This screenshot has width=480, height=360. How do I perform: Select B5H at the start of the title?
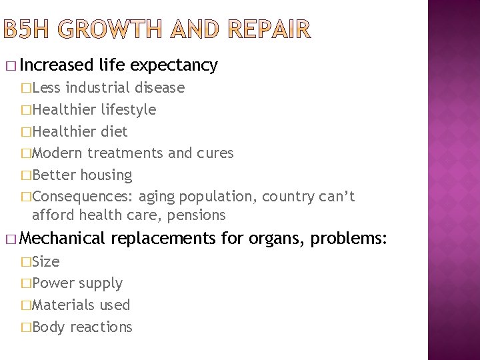tap(27, 30)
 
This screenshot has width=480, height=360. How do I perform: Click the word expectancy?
tap(175, 65)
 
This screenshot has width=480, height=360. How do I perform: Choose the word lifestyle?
tap(129, 109)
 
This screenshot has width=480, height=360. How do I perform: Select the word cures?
tap(215, 153)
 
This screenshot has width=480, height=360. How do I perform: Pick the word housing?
tap(107, 175)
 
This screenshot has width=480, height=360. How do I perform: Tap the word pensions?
tap(197, 215)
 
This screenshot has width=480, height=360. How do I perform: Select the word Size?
tap(46, 261)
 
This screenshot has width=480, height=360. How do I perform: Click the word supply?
tap(101, 283)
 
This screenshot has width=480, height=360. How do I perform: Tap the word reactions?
tap(101, 327)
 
